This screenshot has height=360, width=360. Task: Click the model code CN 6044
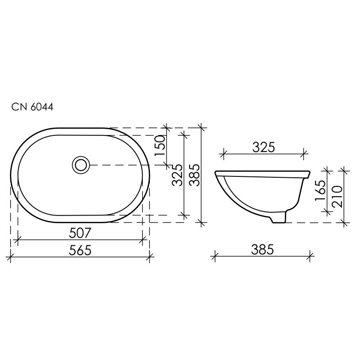[32, 108]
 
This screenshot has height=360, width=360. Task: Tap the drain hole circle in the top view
[81, 165]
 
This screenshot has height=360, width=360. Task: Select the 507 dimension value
[81, 233]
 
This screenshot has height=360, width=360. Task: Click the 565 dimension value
[81, 251]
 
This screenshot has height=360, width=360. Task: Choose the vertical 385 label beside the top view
[195, 175]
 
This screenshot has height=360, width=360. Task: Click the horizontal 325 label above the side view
[263, 148]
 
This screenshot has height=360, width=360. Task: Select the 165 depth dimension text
[320, 193]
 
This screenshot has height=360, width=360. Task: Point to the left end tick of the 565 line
[10, 257]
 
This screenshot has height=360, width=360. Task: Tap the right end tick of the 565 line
[150, 257]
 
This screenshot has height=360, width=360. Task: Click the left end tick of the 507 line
[17, 240]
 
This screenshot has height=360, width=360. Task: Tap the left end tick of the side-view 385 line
[215, 257]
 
